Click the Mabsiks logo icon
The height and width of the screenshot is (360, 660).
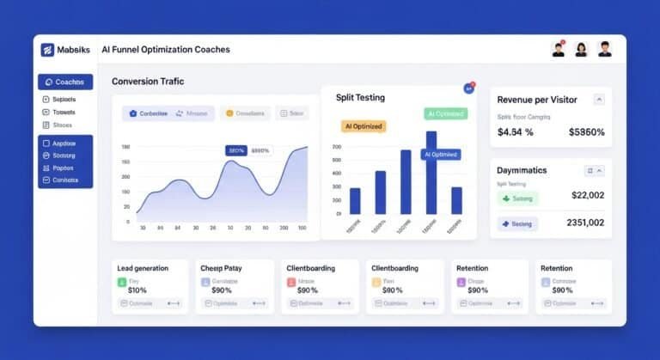click(47, 50)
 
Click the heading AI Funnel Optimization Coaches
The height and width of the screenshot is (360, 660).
click(165, 50)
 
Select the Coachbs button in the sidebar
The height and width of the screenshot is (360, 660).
click(64, 82)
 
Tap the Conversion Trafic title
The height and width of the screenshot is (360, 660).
click(147, 82)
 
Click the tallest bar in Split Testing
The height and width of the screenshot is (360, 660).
click(431, 172)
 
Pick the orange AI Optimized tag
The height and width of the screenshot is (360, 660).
click(364, 126)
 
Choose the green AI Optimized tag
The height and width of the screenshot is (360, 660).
click(445, 113)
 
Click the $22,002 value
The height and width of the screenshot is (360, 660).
click(588, 195)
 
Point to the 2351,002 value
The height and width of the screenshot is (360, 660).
click(585, 223)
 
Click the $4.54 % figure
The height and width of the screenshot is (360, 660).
click(516, 132)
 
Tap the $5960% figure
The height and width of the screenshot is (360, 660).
click(587, 132)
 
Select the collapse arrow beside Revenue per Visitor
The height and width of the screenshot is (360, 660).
click(599, 100)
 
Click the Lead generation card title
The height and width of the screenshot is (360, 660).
click(143, 268)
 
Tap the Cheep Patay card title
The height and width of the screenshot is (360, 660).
click(221, 268)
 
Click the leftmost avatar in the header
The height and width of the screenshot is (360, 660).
click(559, 50)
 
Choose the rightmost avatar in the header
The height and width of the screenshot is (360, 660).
click(605, 50)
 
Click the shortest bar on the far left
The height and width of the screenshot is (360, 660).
click(355, 200)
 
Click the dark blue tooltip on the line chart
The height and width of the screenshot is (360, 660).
click(235, 150)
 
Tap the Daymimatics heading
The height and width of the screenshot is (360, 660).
click(522, 170)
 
